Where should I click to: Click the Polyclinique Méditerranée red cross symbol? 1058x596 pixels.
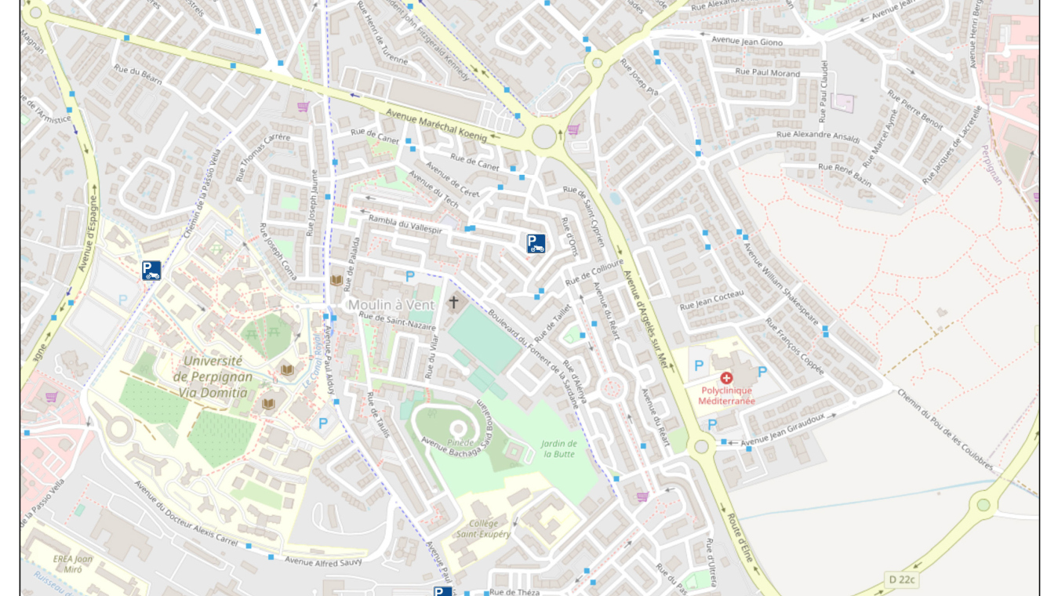726,378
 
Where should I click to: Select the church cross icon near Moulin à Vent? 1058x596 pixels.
453,302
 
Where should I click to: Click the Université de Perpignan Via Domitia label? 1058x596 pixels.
213,376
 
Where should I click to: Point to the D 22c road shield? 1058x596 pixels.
901,580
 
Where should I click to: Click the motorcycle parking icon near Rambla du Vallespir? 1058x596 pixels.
536,244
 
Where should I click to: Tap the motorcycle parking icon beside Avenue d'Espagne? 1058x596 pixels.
151,271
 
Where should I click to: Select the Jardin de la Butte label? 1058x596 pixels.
559,449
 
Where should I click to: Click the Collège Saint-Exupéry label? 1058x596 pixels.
484,529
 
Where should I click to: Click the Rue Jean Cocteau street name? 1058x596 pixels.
711,300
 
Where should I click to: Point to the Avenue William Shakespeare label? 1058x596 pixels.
780,284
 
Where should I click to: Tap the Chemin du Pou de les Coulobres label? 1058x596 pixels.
945,430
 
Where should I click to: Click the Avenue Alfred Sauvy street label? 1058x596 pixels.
323,561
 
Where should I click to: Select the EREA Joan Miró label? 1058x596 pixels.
73,564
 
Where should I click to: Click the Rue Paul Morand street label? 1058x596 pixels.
767,73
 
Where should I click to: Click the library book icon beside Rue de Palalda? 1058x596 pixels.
336,280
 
